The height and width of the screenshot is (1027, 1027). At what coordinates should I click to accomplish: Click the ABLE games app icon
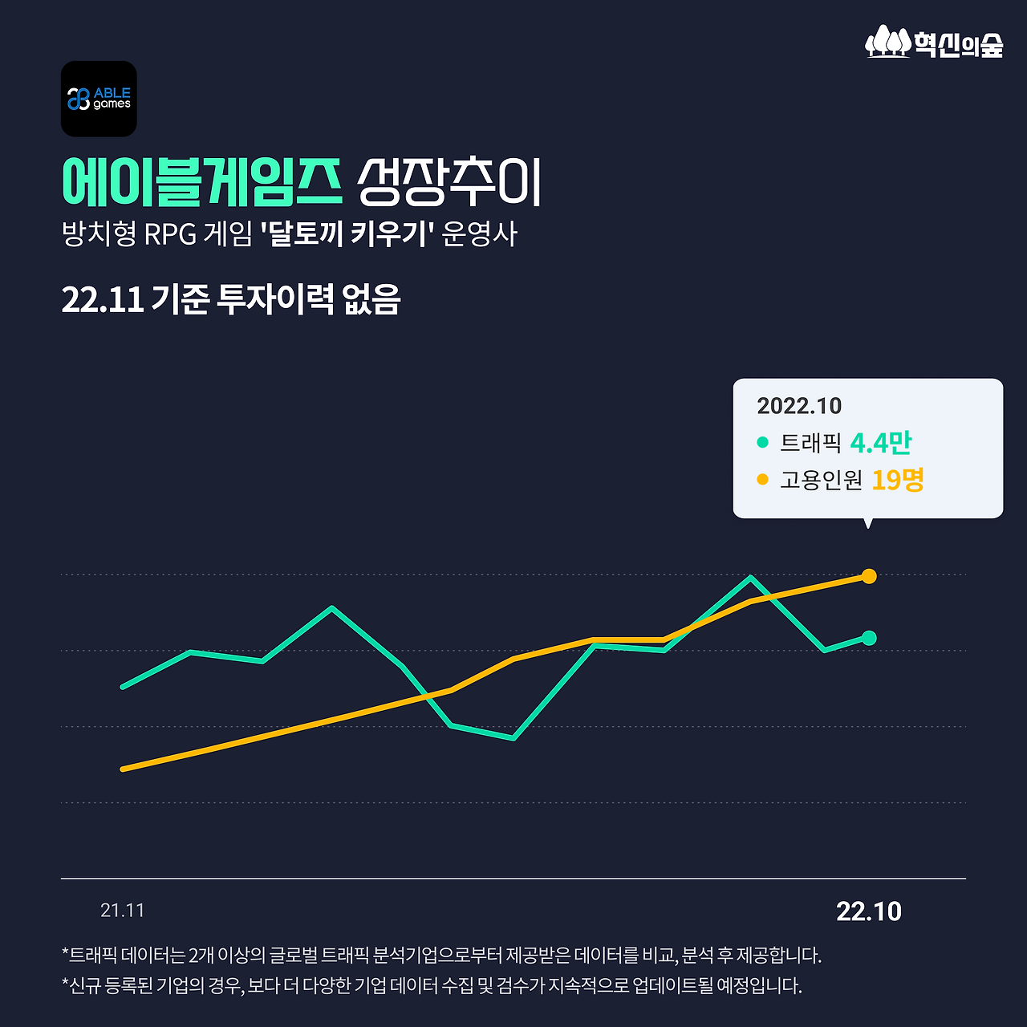(x=99, y=99)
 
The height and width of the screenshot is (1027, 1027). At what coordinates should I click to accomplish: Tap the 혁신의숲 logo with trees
(x=934, y=42)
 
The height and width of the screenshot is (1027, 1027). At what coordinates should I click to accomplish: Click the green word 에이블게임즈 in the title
(x=202, y=182)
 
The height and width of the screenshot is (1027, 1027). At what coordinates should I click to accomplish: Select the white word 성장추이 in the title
(x=449, y=182)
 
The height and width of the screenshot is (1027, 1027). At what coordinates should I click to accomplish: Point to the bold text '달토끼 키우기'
(x=347, y=234)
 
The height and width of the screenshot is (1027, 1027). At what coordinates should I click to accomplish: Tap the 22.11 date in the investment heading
(x=102, y=299)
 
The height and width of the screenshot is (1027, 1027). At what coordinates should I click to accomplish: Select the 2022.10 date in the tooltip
(x=799, y=406)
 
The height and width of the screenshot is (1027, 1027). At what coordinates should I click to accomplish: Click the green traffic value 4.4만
(x=880, y=442)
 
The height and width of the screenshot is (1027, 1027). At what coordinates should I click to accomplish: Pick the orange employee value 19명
(x=897, y=480)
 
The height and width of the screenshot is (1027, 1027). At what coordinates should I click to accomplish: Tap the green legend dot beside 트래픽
(x=762, y=442)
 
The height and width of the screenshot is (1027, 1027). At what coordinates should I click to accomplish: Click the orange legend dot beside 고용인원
(x=762, y=480)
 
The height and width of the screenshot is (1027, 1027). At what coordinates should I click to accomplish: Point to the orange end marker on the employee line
(x=869, y=576)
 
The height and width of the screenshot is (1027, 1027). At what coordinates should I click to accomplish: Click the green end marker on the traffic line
(x=869, y=638)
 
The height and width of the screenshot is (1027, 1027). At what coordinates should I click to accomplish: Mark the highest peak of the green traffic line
(x=750, y=577)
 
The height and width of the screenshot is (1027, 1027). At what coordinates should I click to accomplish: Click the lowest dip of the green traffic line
(x=513, y=738)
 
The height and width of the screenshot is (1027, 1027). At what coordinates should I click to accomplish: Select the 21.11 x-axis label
(x=123, y=911)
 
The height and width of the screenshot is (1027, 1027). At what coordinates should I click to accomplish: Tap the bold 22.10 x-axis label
(x=869, y=911)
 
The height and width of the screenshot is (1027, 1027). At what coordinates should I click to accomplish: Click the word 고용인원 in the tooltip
(x=821, y=480)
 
